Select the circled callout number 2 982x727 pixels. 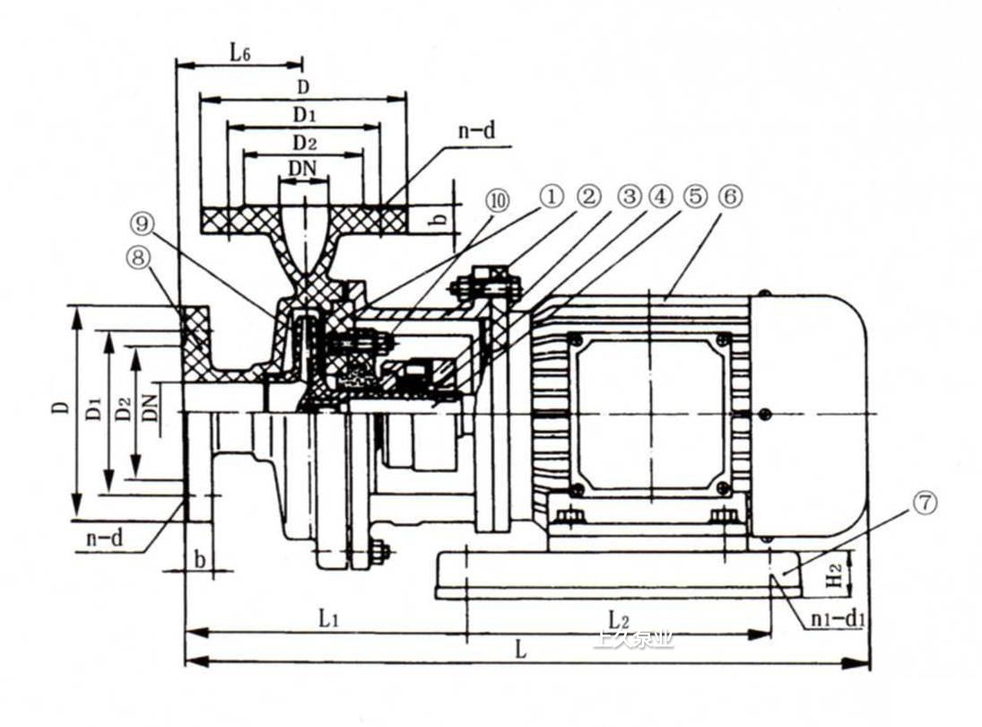pos(588,197)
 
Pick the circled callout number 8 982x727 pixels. pos(138,258)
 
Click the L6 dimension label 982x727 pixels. pos(239,51)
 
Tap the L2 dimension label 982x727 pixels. pos(617,619)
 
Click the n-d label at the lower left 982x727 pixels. pos(104,539)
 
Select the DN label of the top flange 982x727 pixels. pos(302,169)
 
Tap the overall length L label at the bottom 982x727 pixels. pos(521,650)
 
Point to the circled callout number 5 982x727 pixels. pos(694,197)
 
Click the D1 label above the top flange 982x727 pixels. pos(303,115)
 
